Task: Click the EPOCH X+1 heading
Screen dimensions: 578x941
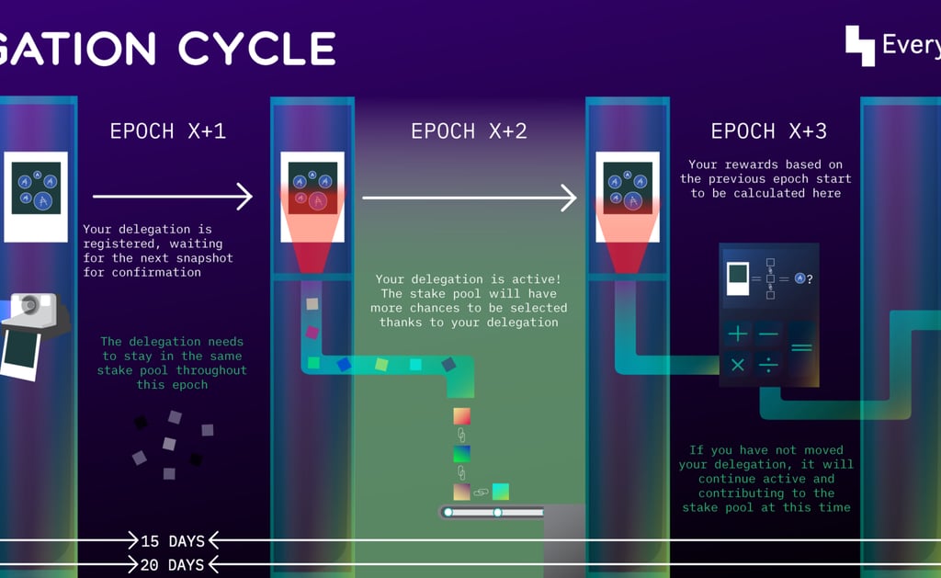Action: click(x=167, y=131)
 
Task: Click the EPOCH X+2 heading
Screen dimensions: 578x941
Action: click(x=469, y=131)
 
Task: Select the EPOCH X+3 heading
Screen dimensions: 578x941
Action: click(x=768, y=131)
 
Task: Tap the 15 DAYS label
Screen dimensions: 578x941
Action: click(x=173, y=540)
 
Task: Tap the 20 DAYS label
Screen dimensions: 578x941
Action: click(x=173, y=564)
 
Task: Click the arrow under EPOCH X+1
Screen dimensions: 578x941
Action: click(x=172, y=196)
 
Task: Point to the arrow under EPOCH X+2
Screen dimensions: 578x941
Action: click(x=469, y=197)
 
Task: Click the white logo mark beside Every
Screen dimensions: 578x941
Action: click(x=860, y=45)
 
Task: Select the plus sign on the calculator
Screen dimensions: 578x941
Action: click(x=738, y=334)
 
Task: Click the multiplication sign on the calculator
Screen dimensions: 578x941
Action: click(x=738, y=365)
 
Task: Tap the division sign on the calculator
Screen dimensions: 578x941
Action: click(x=768, y=365)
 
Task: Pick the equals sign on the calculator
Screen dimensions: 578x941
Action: click(x=801, y=348)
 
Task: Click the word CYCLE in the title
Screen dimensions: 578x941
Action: click(x=257, y=49)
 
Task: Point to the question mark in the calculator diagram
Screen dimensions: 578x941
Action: click(x=810, y=278)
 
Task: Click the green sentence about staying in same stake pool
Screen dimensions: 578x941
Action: click(x=173, y=363)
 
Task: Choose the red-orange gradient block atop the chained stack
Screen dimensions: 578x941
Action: click(x=461, y=415)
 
